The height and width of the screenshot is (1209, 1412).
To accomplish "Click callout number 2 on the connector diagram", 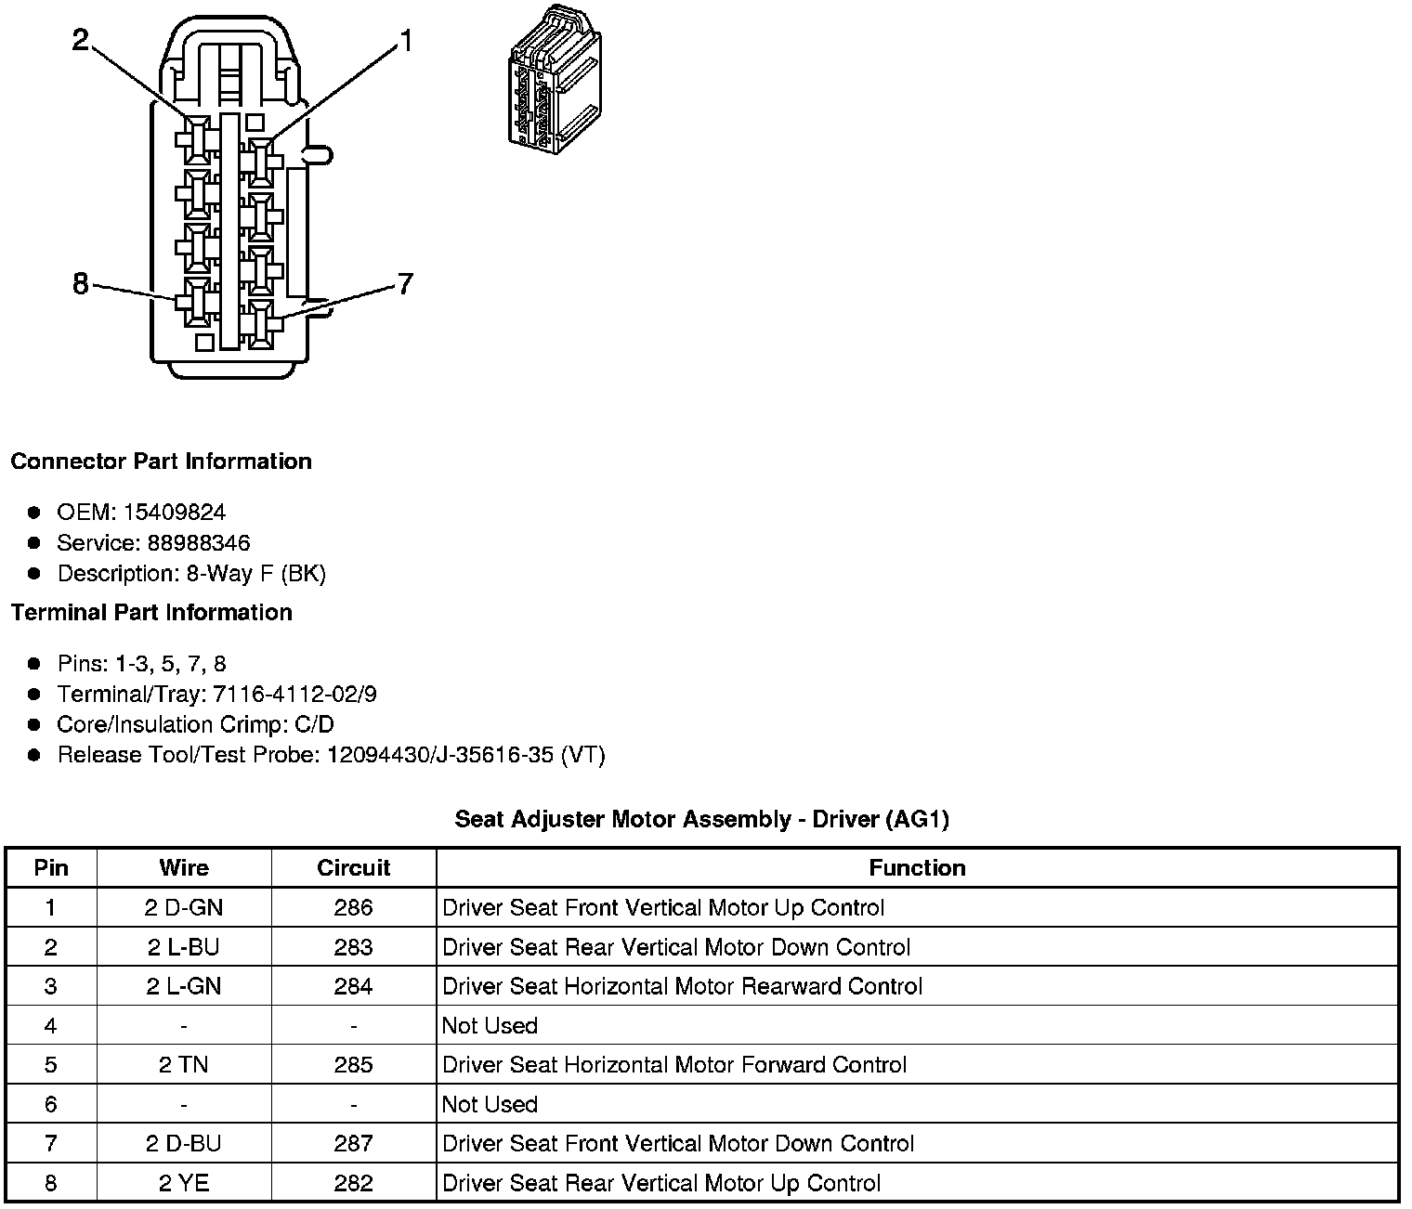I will tap(82, 40).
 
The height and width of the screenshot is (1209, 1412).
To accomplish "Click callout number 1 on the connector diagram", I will tap(404, 41).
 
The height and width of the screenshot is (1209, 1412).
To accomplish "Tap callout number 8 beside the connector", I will tap(81, 283).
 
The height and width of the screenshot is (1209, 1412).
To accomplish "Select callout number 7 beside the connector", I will tap(404, 283).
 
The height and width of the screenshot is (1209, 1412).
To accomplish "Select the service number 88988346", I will tap(199, 542).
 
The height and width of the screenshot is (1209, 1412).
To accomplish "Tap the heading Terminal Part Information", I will tap(151, 612).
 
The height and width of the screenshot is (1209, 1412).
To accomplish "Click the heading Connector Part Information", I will tap(161, 461).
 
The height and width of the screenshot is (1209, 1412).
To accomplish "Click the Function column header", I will tap(917, 867).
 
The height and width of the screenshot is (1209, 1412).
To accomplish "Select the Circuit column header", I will tap(353, 867).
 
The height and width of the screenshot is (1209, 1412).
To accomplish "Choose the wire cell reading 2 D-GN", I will tap(184, 907).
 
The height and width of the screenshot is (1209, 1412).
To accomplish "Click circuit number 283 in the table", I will tap(353, 947).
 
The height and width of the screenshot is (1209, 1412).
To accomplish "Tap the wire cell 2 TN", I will tap(184, 1064).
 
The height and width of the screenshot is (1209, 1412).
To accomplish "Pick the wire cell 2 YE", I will tap(184, 1183).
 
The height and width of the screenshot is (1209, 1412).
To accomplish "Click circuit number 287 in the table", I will tap(353, 1143).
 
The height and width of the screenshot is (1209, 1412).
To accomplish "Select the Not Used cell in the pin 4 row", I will tap(490, 1025).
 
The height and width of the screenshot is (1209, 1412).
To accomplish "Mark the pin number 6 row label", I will tap(51, 1104).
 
